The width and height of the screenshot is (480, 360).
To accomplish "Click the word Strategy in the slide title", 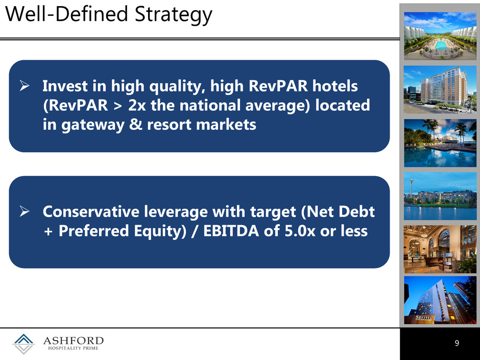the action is [173, 15].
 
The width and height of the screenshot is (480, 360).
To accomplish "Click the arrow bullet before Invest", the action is [25, 85].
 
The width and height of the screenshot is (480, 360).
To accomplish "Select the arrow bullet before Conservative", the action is [25, 211].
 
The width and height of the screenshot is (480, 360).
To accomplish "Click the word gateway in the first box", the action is [92, 125].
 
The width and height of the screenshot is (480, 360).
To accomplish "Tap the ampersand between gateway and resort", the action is [136, 124].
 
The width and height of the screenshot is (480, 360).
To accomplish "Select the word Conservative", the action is [90, 211].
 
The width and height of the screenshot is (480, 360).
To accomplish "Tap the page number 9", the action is [457, 343].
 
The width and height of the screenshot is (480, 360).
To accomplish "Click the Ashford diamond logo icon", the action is [23, 344].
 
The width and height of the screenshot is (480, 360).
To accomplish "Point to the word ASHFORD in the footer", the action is [74, 341].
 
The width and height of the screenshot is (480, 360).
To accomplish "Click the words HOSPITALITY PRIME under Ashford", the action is [74, 348].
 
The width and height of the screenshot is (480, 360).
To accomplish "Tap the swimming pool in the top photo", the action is [441, 46].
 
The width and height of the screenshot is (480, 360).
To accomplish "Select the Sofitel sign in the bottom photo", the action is [424, 318].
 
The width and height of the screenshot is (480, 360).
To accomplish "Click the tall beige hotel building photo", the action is [440, 89].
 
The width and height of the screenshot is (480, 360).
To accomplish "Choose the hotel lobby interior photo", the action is [440, 249].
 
